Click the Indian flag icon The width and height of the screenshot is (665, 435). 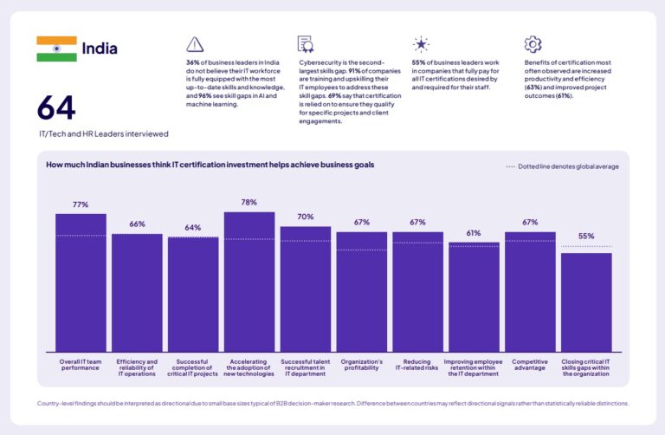56,49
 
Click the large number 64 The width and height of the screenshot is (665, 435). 56,107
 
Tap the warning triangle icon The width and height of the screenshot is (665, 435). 195,44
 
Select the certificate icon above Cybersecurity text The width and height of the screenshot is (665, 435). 306,44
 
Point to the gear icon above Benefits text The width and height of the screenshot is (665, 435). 533,44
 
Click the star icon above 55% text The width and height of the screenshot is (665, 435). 421,44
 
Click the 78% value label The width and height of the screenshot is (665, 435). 249,202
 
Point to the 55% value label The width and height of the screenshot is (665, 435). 586,236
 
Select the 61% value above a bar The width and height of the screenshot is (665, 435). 474,233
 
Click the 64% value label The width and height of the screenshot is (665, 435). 193,228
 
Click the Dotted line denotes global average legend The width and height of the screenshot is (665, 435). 563,166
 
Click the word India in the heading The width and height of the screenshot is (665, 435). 100,49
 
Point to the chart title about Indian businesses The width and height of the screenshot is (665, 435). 210,165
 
